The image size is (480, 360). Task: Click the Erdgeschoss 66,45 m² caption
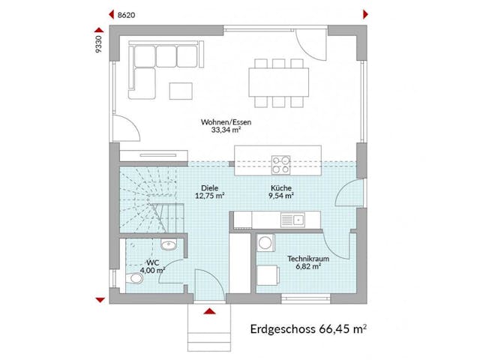[312, 328]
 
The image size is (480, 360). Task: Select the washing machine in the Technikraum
[265, 244]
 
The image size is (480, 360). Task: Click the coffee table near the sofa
[181, 91]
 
